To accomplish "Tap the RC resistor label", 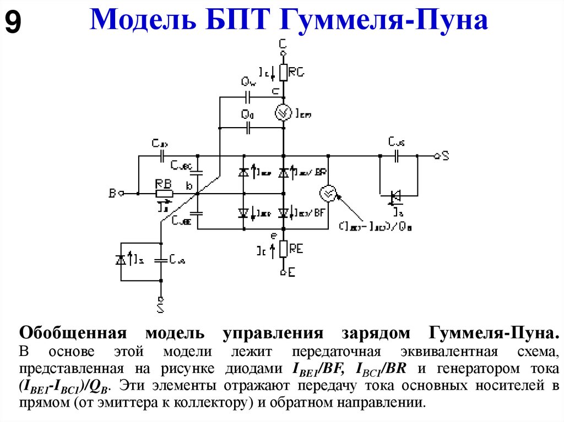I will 296,72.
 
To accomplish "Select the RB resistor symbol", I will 164,193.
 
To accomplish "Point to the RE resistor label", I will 296,249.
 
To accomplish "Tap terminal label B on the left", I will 112,193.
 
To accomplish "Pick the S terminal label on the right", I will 445,156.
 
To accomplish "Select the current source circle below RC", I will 283,113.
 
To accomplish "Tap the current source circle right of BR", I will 328,193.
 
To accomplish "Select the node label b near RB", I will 189,186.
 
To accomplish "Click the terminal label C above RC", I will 283,42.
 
